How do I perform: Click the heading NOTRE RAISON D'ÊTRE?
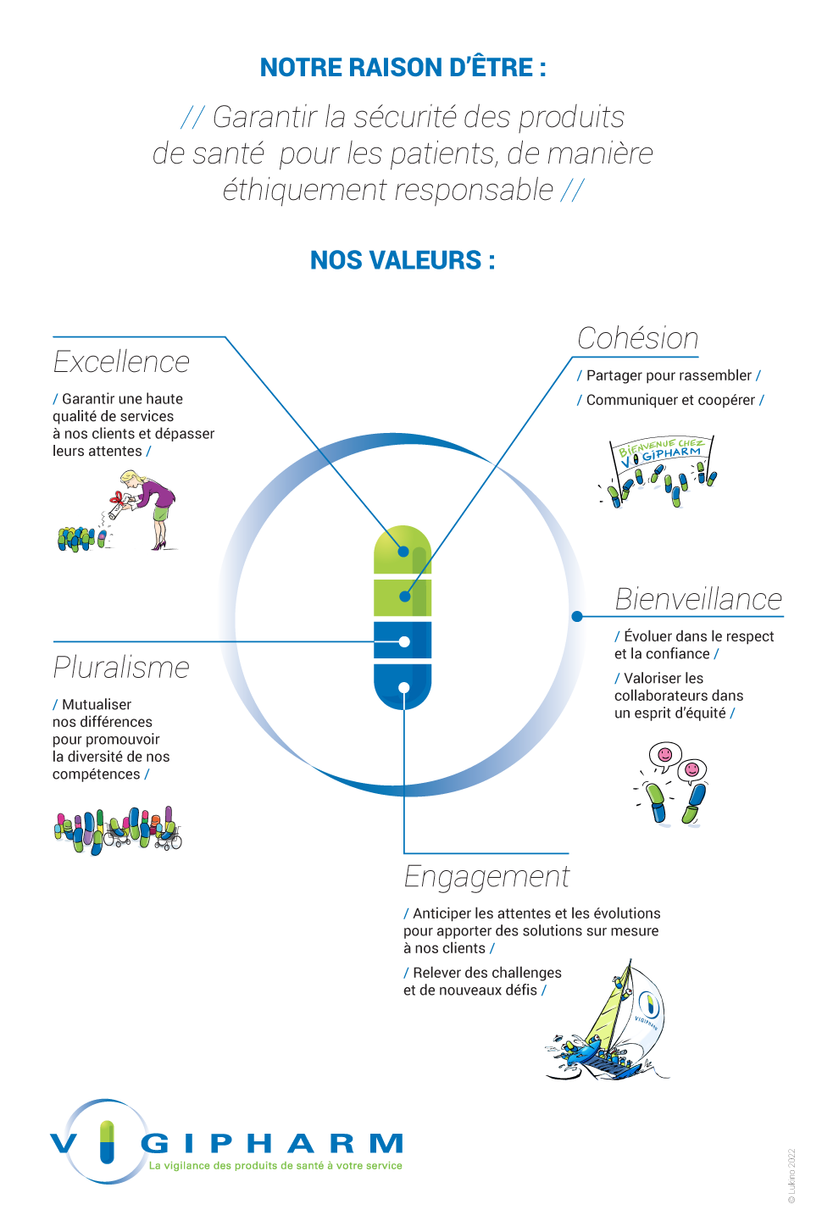pos(403,68)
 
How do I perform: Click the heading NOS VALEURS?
pos(403,260)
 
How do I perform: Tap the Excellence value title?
pos(121,362)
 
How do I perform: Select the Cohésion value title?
pos(637,338)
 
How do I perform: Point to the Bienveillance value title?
pos(698,599)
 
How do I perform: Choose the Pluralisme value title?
pos(121,668)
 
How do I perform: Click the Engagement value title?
pos(486,876)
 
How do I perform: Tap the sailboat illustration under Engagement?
pos(610,1025)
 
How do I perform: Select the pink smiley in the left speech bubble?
pos(665,753)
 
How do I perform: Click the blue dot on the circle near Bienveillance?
pos(577,616)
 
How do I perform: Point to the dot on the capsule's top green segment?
pos(403,552)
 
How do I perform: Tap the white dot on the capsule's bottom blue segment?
pos(403,688)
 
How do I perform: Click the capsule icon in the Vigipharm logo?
pos(107,1141)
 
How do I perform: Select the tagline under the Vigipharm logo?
pos(275,1166)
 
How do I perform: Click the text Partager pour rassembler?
pos(669,375)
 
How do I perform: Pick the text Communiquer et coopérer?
pos(670,400)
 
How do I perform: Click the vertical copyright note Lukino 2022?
pos(791,1176)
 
